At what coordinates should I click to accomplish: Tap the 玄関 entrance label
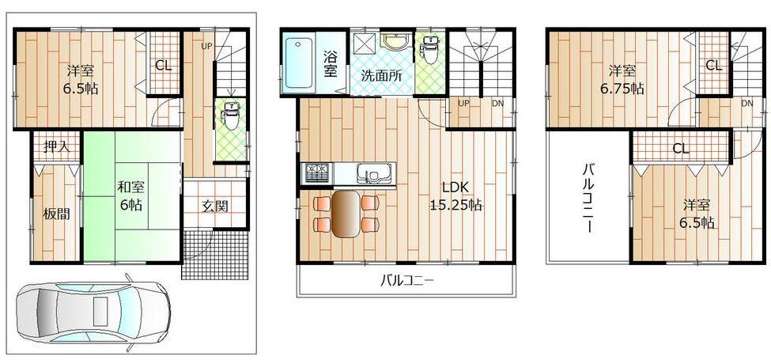[x=214, y=207]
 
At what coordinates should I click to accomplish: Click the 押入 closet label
[x=55, y=146]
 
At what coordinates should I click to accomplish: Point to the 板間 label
[x=56, y=214]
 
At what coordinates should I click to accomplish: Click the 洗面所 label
[x=381, y=78]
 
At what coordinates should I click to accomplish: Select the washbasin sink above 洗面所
[x=392, y=40]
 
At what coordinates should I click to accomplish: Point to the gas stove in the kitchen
[x=316, y=171]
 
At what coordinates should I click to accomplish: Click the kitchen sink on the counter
[x=369, y=172]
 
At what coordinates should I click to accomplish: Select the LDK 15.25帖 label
[x=456, y=196]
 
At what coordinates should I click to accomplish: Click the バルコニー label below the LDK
[x=407, y=279]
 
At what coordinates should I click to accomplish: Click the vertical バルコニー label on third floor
[x=589, y=198]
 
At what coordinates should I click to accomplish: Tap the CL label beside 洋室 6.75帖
[x=713, y=66]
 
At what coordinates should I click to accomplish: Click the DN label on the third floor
[x=746, y=104]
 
